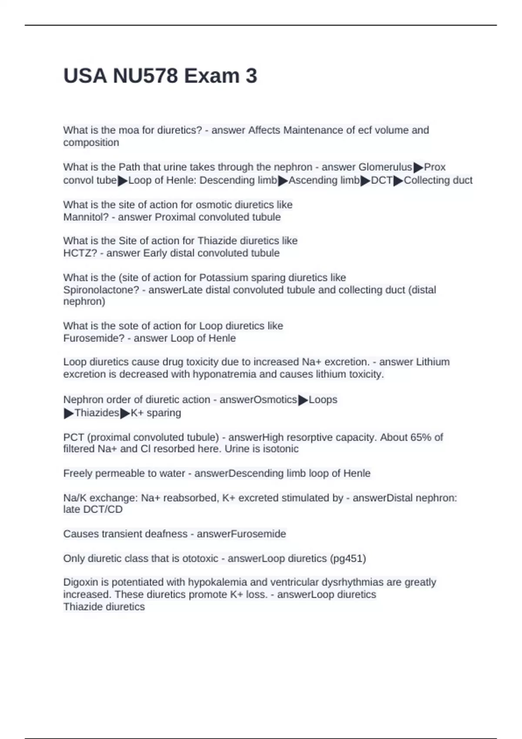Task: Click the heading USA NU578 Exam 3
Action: click(x=160, y=76)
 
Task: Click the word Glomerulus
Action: click(x=385, y=167)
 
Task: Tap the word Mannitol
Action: click(x=85, y=217)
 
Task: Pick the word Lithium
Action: click(x=432, y=362)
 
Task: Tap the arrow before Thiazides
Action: click(x=69, y=413)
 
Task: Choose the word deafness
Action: click(x=167, y=534)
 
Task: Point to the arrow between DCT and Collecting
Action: click(x=398, y=180)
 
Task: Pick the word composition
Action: click(x=91, y=142)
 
